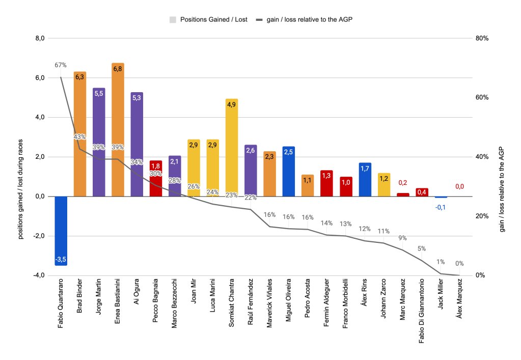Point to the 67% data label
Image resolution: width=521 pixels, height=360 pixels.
(x=61, y=65)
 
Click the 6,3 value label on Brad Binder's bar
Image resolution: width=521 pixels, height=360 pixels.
(x=80, y=77)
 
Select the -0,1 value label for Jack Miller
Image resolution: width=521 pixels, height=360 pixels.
(x=441, y=207)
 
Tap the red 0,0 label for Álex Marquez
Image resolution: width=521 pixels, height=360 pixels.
(x=459, y=187)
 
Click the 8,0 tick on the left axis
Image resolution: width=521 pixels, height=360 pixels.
(x=40, y=38)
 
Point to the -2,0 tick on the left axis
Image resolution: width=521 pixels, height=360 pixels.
(x=39, y=236)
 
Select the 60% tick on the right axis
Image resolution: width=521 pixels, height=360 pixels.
(x=482, y=98)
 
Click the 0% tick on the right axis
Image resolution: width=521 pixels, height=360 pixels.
(x=480, y=275)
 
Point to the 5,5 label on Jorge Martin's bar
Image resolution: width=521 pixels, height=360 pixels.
(x=99, y=94)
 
